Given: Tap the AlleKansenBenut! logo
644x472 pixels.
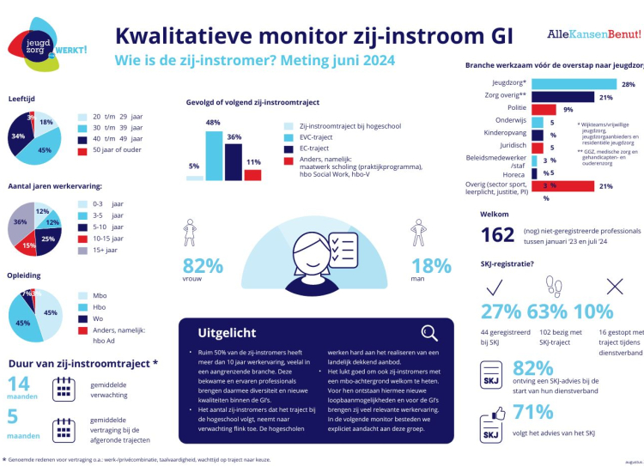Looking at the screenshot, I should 593,34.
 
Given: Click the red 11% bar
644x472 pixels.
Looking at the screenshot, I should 252,175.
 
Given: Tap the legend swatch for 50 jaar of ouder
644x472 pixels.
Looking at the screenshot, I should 83,151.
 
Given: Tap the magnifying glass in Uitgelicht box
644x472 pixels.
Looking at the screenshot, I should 429,333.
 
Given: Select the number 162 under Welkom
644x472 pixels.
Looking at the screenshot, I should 497,234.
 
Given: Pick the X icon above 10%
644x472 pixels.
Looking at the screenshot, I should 615,286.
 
